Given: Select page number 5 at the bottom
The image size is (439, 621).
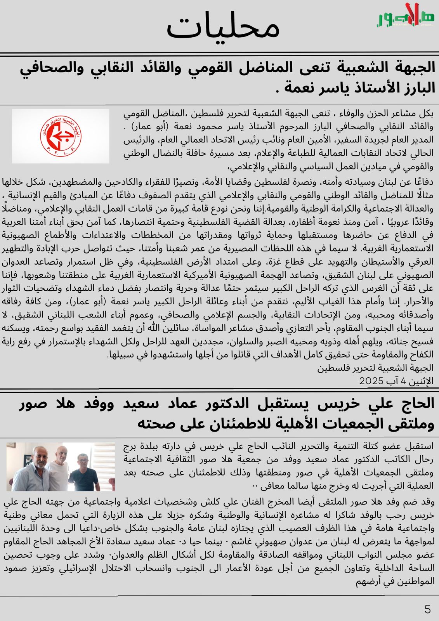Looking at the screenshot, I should pyautogui.click(x=427, y=609).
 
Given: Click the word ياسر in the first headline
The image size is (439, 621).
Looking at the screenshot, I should pyautogui.click(x=328, y=88).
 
